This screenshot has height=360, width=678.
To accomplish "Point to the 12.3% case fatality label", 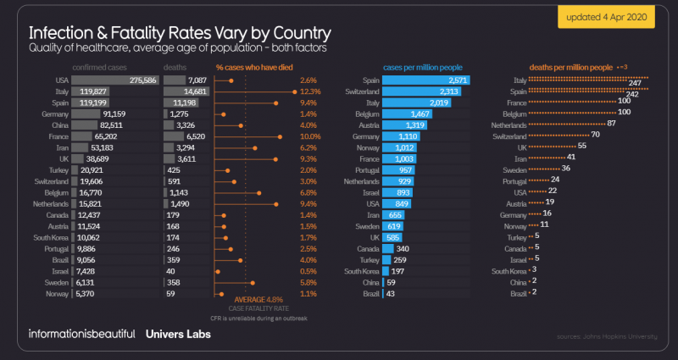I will point(308,91).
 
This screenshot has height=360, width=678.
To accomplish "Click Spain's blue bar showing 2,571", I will point(426,80).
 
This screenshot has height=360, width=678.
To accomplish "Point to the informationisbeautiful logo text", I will point(81,333).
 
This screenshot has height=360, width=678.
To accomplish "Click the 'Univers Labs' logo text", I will point(178,333).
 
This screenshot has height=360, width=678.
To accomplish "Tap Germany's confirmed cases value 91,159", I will point(113,113).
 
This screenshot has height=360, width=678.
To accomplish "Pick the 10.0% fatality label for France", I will point(308,136).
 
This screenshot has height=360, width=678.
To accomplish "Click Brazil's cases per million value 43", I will point(392,293).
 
